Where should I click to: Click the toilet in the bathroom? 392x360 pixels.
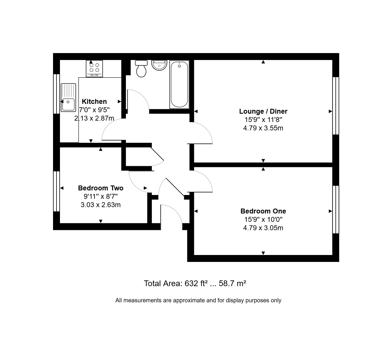141,68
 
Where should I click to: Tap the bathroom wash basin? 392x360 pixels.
159,65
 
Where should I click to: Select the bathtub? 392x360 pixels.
179,84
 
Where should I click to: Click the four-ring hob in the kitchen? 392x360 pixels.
94,68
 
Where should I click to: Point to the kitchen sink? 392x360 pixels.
68,97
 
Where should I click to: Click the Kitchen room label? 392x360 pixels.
94,102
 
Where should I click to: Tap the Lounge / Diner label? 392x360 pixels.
263,111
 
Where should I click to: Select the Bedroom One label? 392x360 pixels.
263,211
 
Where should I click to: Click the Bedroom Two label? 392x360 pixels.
101,188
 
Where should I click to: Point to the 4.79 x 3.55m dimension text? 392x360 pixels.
263,128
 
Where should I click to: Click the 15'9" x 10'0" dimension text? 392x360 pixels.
263,220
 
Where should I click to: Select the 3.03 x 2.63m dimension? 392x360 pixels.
101,205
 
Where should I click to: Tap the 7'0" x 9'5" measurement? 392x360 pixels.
94,110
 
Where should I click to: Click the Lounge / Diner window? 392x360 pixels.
336,106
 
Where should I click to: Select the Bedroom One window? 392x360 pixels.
336,209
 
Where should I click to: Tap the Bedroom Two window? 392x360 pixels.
56,191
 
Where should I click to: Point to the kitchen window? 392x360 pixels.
56,94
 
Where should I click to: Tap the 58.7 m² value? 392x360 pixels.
232,283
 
